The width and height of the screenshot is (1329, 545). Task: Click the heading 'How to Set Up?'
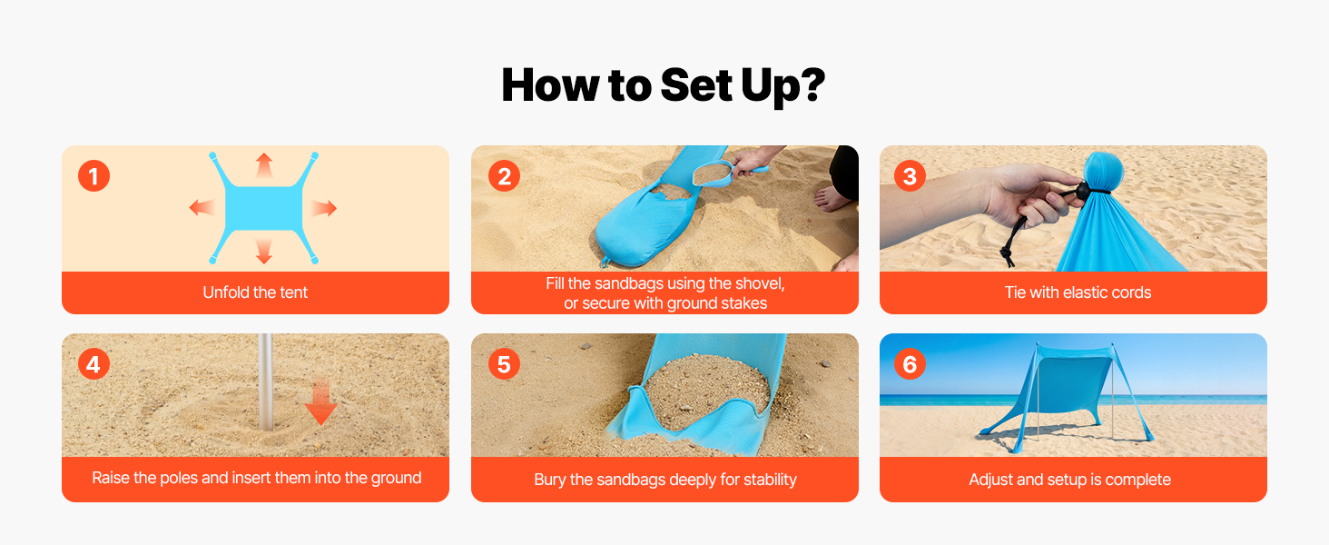[664, 85]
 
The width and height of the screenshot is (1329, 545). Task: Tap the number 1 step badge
[94, 175]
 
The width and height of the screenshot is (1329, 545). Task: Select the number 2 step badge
[505, 175]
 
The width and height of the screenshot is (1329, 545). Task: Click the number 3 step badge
[910, 175]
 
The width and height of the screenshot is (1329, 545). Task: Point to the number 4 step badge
[94, 364]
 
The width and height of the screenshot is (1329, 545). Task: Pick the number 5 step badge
[505, 364]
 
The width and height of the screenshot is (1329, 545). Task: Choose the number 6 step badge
[910, 364]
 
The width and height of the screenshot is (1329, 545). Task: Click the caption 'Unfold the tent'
[255, 292]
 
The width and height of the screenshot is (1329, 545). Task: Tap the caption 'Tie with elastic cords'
[1078, 292]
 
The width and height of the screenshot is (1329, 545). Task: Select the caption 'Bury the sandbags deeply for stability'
[665, 480]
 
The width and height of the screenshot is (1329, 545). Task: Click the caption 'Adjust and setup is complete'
[1069, 480]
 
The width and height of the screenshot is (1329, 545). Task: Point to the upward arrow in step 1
[264, 165]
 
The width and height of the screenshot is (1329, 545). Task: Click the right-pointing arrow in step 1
[324, 208]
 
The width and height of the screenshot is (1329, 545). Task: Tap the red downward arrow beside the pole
[321, 401]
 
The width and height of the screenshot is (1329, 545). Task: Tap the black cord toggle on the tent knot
[1082, 190]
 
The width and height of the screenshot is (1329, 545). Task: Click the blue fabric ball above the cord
[1103, 170]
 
